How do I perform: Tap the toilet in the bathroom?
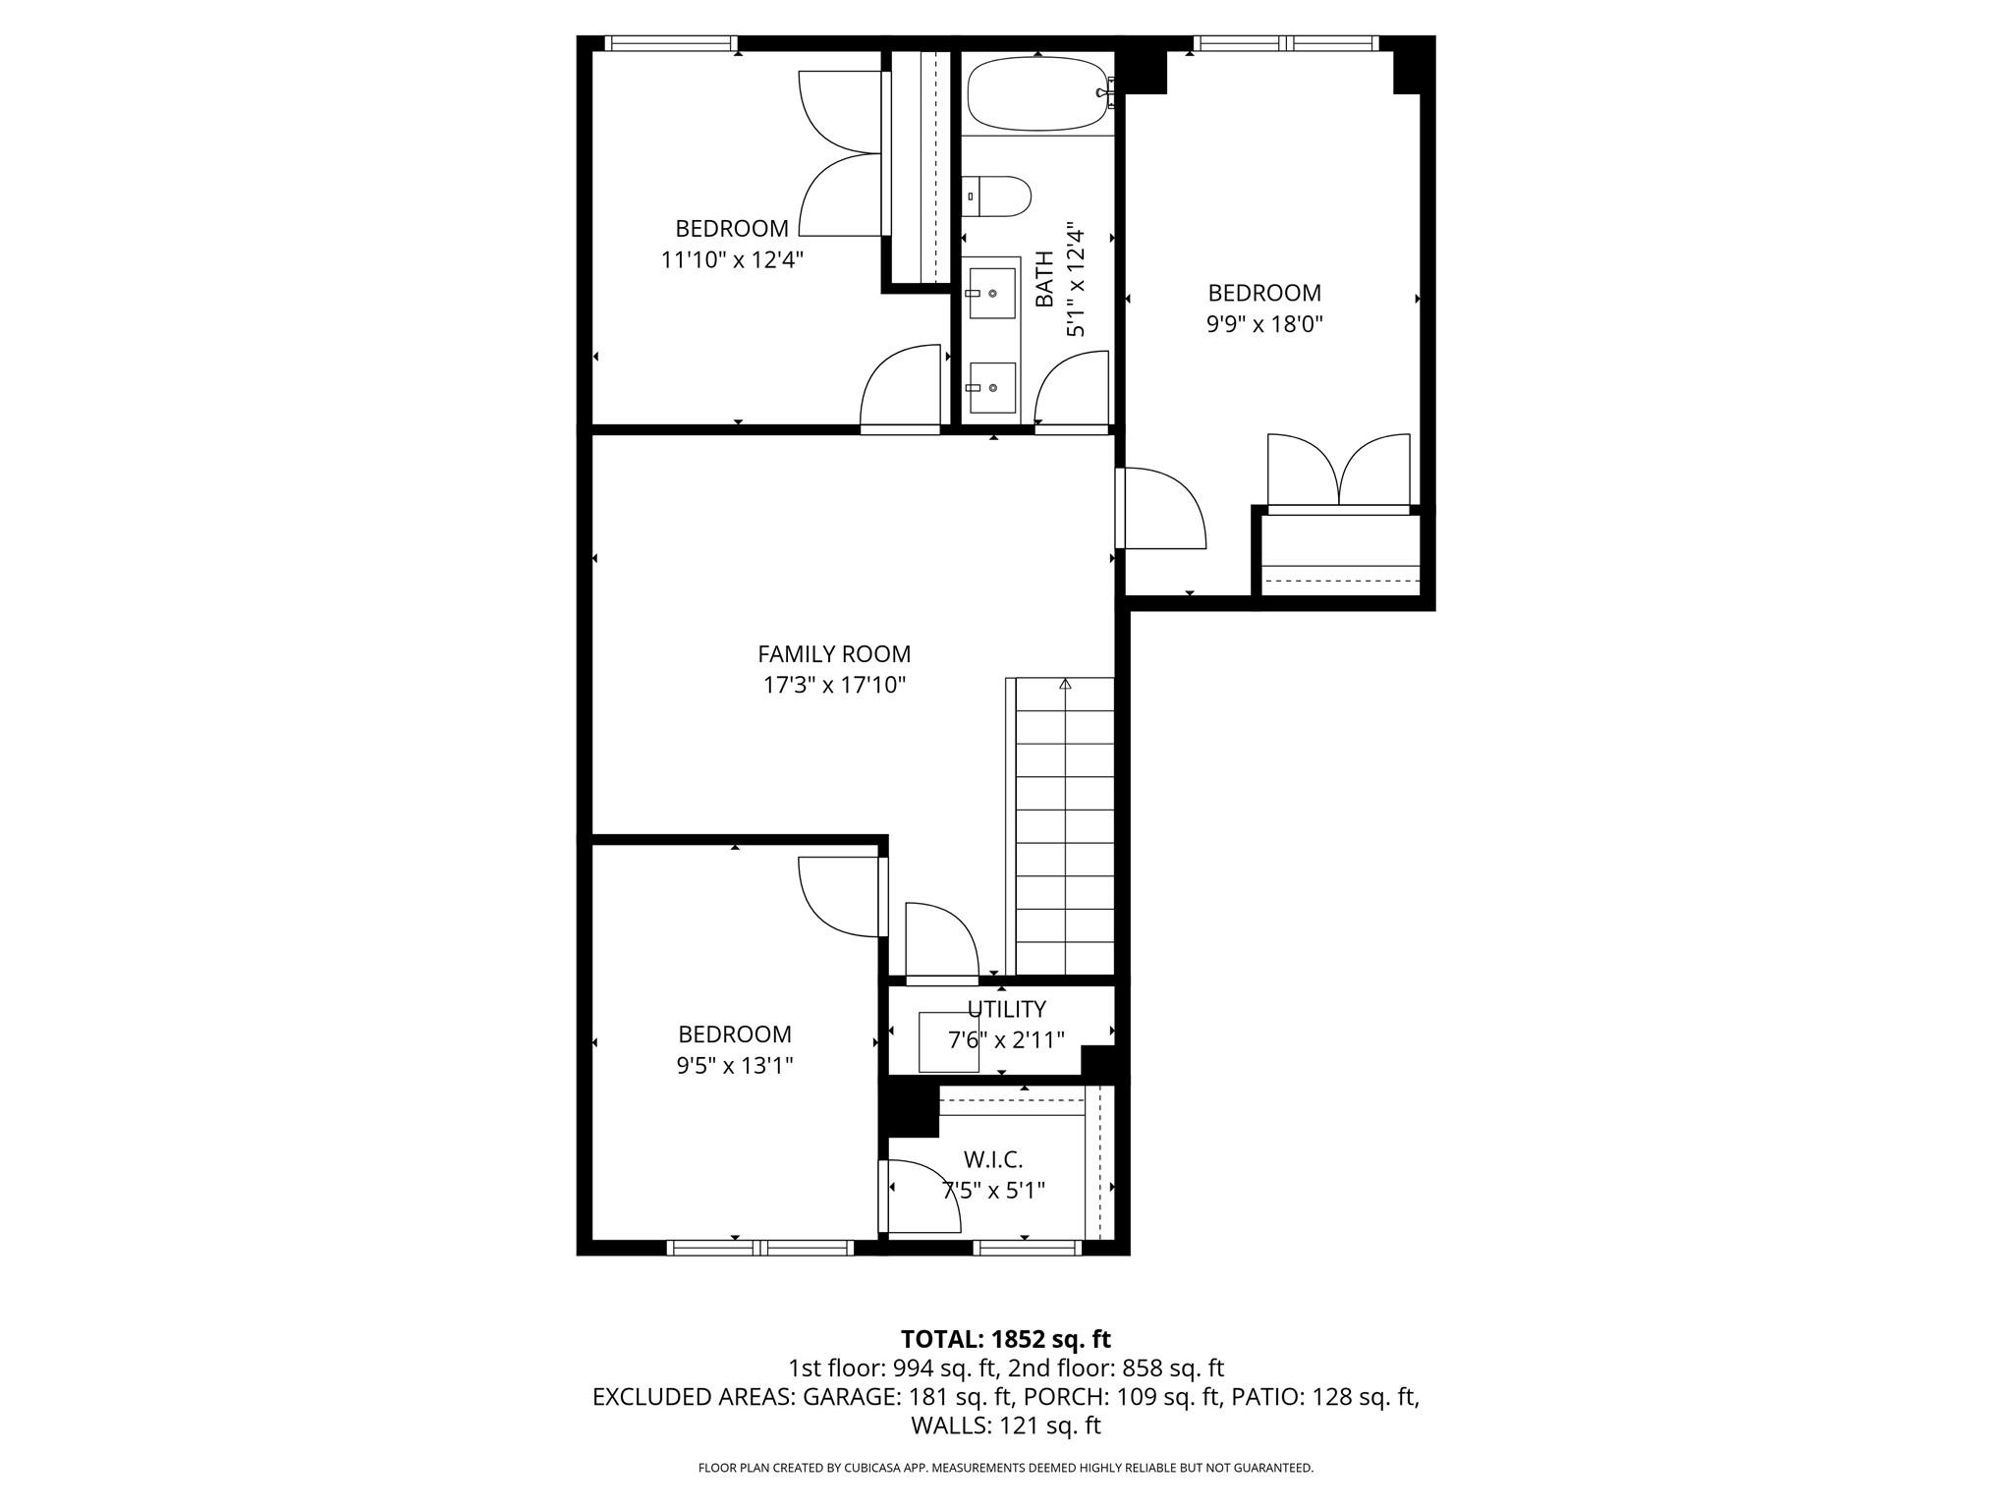pos(996,196)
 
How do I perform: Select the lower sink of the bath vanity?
pos(991,387)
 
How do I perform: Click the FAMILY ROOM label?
pos(833,654)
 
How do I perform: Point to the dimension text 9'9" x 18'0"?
pos(1264,324)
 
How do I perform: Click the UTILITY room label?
pos(1006,1010)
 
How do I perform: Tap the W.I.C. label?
pos(993,1160)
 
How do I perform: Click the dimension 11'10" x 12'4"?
pos(732,260)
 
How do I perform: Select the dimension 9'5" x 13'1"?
pos(735,1066)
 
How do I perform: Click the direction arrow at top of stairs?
pos(1064,684)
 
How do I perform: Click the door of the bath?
pos(1071,393)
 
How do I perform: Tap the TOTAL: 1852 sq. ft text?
pos(1005,1339)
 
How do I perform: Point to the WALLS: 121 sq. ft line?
pos(1005,1425)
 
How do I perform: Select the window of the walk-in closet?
pos(1027,1248)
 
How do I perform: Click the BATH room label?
pos(1044,279)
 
